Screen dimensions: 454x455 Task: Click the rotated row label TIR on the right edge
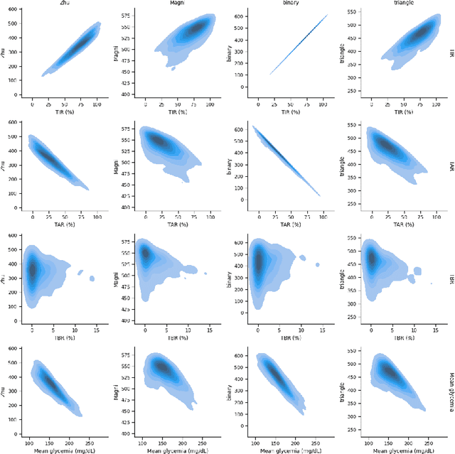tap(451, 53)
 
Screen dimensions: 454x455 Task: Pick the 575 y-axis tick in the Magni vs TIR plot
tap(125, 15)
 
